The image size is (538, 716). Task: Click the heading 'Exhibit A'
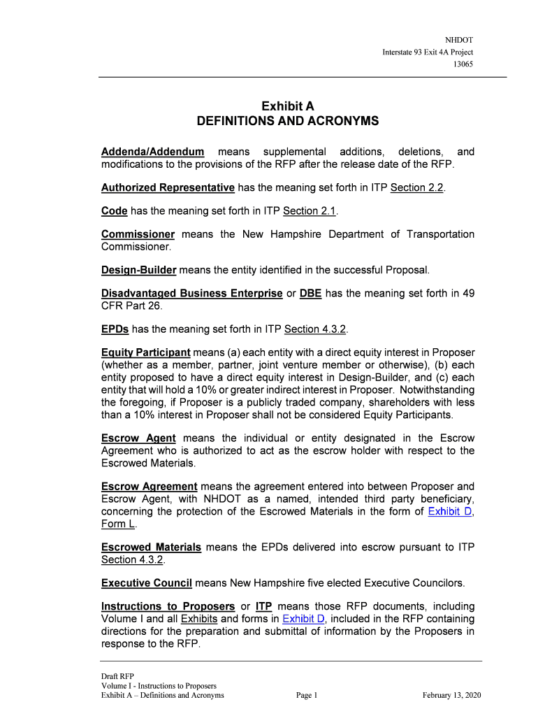287,106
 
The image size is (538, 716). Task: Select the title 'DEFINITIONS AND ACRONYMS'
287,122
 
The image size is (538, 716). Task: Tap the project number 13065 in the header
463,64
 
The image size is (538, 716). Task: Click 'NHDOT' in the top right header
459,41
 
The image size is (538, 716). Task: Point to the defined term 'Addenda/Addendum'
153,152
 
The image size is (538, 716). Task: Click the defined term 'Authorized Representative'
168,187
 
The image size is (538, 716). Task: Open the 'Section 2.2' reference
417,187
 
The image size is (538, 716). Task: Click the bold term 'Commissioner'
138,234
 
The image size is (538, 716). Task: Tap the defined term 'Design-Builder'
138,269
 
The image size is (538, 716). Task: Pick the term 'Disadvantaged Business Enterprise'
192,293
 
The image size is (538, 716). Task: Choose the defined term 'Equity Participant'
146,352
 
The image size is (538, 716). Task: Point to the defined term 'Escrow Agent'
138,438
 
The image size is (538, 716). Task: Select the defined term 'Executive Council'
147,582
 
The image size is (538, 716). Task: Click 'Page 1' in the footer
307,695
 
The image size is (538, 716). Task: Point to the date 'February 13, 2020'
451,695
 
